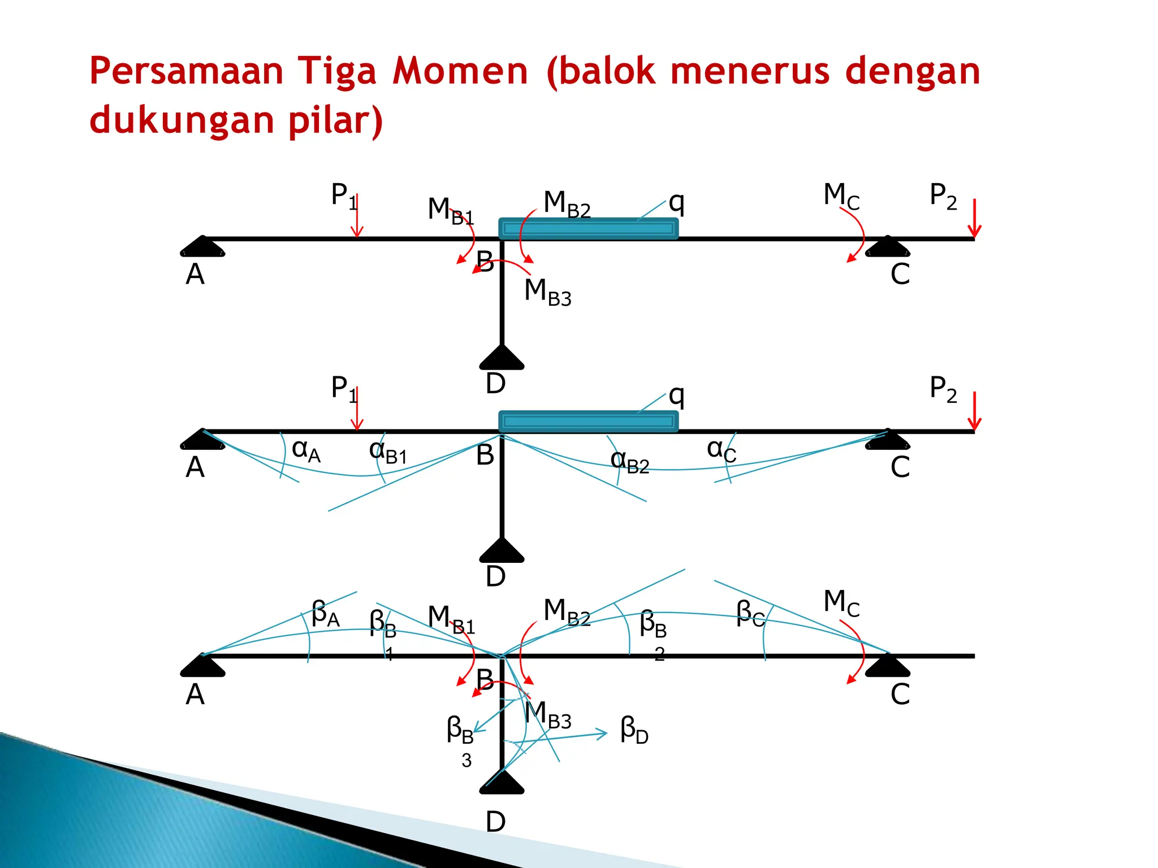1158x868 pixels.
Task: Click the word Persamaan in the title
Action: pos(186,72)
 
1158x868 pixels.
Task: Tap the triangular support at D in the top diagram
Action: pos(502,358)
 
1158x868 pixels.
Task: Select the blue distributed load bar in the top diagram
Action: pos(588,228)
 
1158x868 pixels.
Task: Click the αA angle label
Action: pos(306,451)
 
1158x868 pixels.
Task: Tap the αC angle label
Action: pos(721,451)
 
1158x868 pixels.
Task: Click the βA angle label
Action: pos(326,614)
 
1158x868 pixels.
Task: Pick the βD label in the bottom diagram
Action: pos(634,730)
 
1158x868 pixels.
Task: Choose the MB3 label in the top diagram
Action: pos(547,292)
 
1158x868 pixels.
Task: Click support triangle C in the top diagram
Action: pos(888,248)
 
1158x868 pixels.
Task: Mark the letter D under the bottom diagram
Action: pos(495,822)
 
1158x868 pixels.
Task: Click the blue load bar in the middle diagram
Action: pos(588,422)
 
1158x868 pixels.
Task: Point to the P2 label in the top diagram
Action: pos(943,196)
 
